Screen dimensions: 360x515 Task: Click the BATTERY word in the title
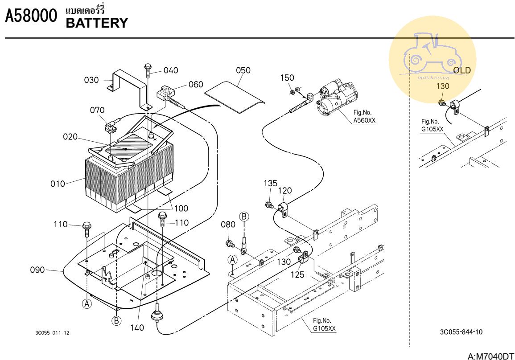[x=97, y=23]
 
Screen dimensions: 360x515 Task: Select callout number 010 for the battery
[x=58, y=184]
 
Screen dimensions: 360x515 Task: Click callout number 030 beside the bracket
[x=91, y=80]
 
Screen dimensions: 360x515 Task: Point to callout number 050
[x=243, y=70]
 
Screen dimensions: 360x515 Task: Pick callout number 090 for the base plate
[x=37, y=270]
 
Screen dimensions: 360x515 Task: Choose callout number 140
[x=137, y=328]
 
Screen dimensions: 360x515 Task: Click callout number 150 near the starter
[x=287, y=78]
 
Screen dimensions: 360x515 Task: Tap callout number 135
[x=270, y=183]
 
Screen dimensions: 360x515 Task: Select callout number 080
[x=228, y=224]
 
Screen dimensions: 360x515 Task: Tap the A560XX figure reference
[x=364, y=121]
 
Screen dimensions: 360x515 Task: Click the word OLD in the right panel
[x=462, y=70]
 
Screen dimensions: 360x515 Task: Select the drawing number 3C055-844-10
[x=461, y=332]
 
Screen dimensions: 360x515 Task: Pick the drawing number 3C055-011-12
[x=52, y=333]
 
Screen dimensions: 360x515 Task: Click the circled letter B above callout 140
[x=116, y=320]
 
